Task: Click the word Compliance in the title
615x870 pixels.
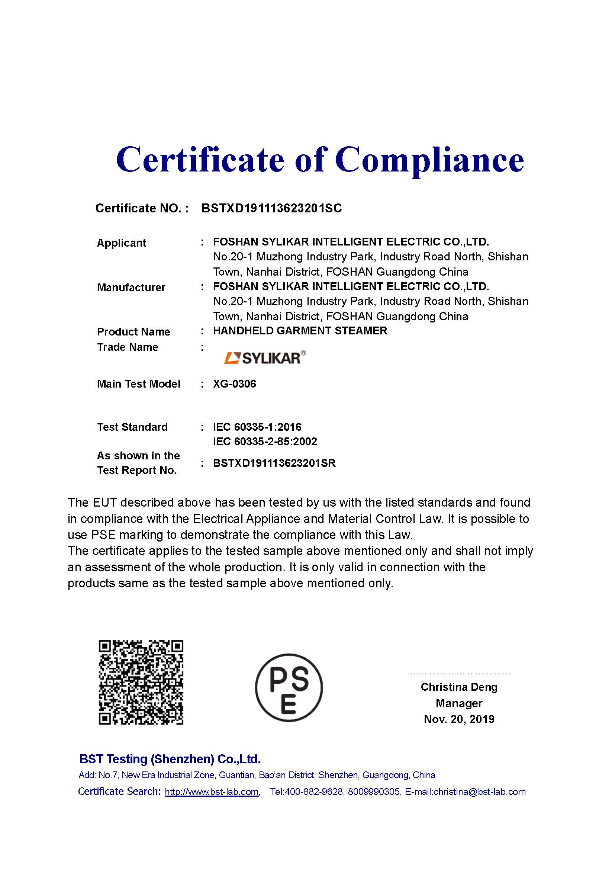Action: (429, 160)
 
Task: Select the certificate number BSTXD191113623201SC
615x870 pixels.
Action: (271, 208)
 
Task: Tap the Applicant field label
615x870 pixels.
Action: (121, 243)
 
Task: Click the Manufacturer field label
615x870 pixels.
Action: (131, 287)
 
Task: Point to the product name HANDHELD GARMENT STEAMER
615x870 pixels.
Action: (300, 331)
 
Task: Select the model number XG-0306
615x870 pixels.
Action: (234, 384)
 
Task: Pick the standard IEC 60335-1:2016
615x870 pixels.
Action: (257, 427)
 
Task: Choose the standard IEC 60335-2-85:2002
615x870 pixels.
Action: (265, 442)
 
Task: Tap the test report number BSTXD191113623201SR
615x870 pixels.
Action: (274, 463)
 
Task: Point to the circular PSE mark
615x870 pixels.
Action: (289, 687)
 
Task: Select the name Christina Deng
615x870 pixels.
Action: (459, 687)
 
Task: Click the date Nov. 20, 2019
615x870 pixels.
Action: (459, 719)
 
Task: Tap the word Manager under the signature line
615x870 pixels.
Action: (459, 703)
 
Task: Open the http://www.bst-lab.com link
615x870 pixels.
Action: (212, 792)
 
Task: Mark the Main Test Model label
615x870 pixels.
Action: (139, 384)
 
